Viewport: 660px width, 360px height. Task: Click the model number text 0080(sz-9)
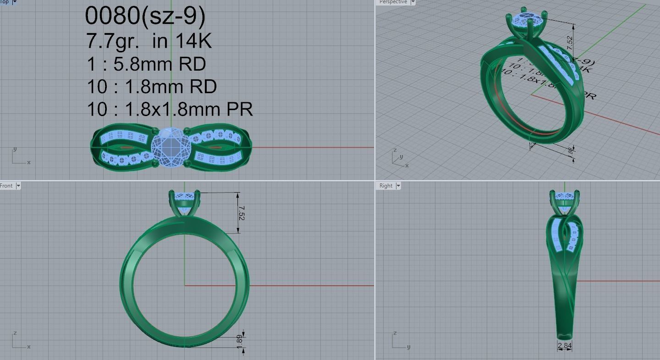(x=145, y=16)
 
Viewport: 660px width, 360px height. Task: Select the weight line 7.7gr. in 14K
(x=148, y=41)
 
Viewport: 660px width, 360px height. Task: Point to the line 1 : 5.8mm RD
(x=146, y=64)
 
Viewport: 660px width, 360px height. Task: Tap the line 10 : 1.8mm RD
(x=152, y=86)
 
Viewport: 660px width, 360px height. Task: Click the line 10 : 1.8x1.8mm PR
(x=170, y=109)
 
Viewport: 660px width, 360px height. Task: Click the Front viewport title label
(x=6, y=186)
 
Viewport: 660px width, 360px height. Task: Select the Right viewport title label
(x=385, y=186)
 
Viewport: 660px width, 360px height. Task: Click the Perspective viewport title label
(x=393, y=2)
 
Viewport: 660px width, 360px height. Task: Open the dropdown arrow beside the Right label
(x=398, y=186)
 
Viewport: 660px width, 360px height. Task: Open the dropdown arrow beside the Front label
(x=18, y=186)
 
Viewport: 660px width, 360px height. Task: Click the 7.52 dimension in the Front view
(x=242, y=213)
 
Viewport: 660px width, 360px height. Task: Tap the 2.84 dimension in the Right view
(x=565, y=346)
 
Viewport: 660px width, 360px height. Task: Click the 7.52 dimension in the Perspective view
(x=570, y=40)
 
